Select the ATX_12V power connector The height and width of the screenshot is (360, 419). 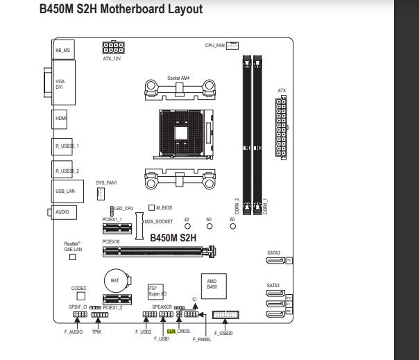coord(112,49)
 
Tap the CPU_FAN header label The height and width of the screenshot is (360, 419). coord(215,45)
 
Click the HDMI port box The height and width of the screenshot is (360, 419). coord(62,119)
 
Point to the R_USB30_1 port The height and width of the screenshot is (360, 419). coord(67,146)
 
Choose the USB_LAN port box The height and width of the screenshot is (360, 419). coord(65,190)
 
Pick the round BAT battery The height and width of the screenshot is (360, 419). coord(116,280)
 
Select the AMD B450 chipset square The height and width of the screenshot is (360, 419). coord(212,284)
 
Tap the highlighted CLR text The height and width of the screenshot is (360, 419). coord(171,332)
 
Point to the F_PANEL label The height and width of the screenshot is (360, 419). coord(202,339)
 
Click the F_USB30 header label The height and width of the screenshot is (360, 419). coord(224,334)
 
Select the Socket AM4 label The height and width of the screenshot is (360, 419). coord(178,78)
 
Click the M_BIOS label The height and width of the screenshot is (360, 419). coord(164,207)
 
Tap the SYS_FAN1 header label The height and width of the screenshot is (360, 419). coord(107,182)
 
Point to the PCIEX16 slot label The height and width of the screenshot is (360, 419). coord(112,242)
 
